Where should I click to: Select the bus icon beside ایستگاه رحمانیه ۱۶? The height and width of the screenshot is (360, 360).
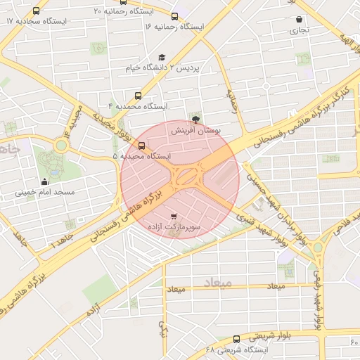pyautogui.click(x=174, y=16)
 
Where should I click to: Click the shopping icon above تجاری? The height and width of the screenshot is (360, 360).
pyautogui.click(x=300, y=20)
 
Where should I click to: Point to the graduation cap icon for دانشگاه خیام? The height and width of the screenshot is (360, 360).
pyautogui.click(x=162, y=57)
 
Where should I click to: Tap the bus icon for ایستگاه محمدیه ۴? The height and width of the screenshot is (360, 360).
pyautogui.click(x=138, y=96)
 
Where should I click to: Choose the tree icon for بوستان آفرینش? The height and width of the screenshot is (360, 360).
pyautogui.click(x=195, y=120)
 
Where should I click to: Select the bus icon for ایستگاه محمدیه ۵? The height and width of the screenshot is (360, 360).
pyautogui.click(x=142, y=146)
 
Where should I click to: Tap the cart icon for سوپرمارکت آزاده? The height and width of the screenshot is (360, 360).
pyautogui.click(x=174, y=216)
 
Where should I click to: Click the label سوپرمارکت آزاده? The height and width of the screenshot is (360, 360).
pyautogui.click(x=175, y=227)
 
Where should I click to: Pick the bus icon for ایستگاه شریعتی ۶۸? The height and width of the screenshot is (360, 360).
pyautogui.click(x=236, y=339)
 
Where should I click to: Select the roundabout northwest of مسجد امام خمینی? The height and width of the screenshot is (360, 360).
pyautogui.click(x=62, y=146)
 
